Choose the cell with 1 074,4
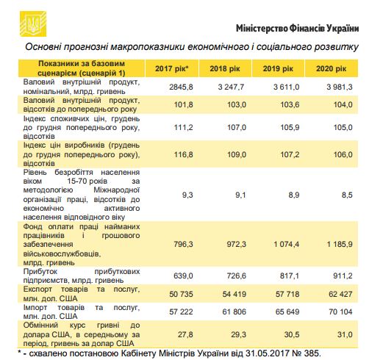pos(281,243)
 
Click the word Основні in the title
pos(46,47)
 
